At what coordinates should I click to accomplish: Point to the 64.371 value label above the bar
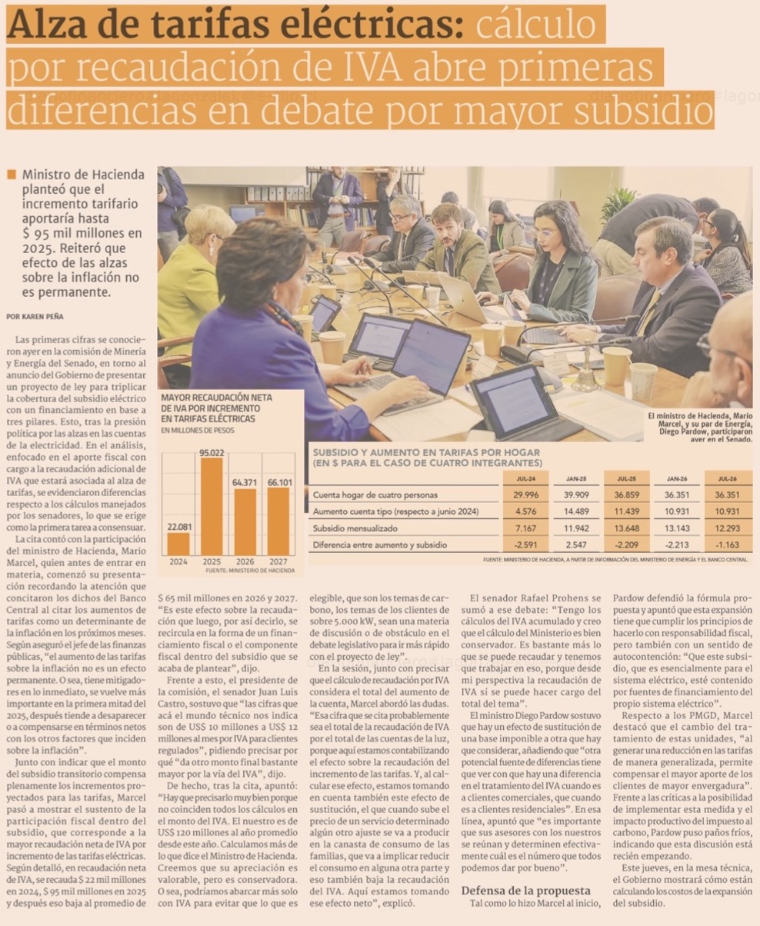tap(245, 481)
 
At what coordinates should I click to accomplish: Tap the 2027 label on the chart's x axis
tap(278, 561)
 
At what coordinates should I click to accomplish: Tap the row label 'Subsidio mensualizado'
tap(355, 528)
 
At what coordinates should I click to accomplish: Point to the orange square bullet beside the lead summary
tap(11, 175)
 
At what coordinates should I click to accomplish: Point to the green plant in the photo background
tap(618, 203)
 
